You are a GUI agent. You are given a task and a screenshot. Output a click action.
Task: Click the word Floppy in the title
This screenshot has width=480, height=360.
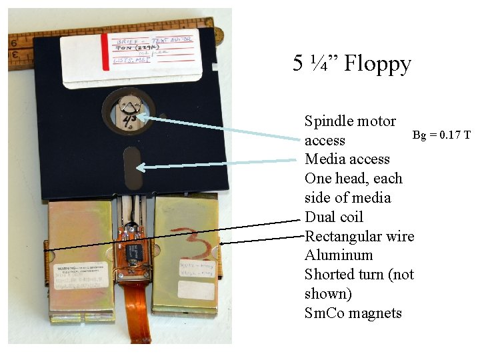pos(377,64)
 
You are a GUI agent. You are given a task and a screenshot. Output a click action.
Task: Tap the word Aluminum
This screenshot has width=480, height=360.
pos(339,255)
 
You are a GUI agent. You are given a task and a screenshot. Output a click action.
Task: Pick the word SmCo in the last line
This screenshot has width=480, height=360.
pos(324,313)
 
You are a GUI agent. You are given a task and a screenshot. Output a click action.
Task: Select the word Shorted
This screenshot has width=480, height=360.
pos(331,275)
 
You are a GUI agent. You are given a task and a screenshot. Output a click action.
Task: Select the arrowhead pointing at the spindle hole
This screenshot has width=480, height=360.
pos(142,117)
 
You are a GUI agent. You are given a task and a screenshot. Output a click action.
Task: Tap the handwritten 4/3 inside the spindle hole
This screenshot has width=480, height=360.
pos(129,118)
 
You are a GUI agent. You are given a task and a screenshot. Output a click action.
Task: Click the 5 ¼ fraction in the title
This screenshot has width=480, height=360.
pos(309,64)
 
